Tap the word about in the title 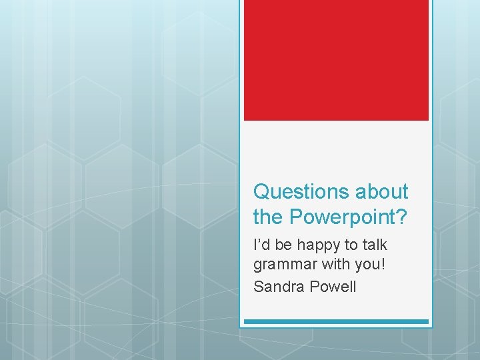[x=381, y=192]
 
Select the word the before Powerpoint [x=267, y=216]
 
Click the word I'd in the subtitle [x=261, y=245]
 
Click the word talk [x=377, y=245]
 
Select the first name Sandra [x=277, y=287]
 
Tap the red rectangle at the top [x=336, y=60]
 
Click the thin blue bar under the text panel [x=336, y=322]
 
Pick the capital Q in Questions [x=261, y=192]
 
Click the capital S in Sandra [x=258, y=287]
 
